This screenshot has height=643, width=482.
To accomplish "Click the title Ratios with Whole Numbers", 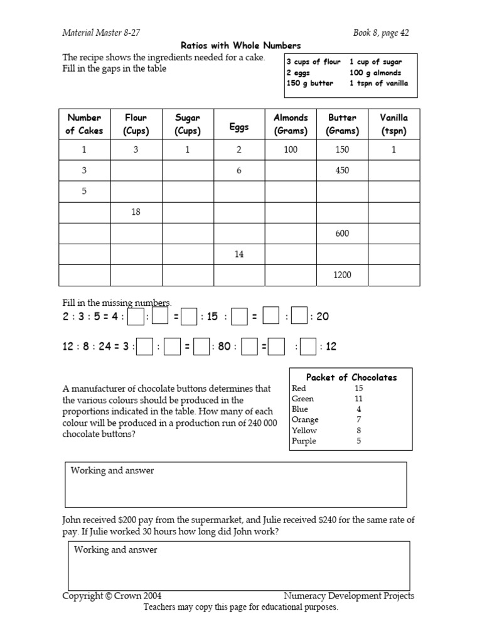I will pos(240,45).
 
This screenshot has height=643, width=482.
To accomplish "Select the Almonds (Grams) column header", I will pos(291,124).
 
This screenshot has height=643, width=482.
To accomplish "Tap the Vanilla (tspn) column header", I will pos(394,124).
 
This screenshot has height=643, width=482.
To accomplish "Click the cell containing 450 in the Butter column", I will pos(342,170).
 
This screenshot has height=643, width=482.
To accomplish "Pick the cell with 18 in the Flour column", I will pos(136,212).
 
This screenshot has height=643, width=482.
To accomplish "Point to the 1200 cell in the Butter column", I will pos(342,275).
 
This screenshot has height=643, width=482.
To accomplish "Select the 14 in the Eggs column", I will pos(238,254).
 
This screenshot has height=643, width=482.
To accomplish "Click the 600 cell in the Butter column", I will pos(342,234).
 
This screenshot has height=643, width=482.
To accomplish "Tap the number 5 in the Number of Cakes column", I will pos(84,192).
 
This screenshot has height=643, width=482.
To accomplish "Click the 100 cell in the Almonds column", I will pos(291,150).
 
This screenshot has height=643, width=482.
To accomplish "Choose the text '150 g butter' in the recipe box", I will pos(310,84).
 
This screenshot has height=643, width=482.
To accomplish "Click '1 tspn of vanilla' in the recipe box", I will pos(378,84).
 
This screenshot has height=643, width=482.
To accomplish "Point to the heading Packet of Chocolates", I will pos(351,377).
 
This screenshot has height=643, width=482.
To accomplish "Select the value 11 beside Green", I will pos(358,399).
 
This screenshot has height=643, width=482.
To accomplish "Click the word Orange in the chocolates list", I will pos(305,420).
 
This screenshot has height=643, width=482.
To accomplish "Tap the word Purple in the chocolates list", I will pos(304,441).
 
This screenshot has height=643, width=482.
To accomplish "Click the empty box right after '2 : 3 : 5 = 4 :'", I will pos(136,316).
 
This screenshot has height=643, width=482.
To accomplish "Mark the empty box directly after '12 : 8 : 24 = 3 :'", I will pos(145,346).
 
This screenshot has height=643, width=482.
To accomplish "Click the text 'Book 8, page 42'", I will pos(381,33).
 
